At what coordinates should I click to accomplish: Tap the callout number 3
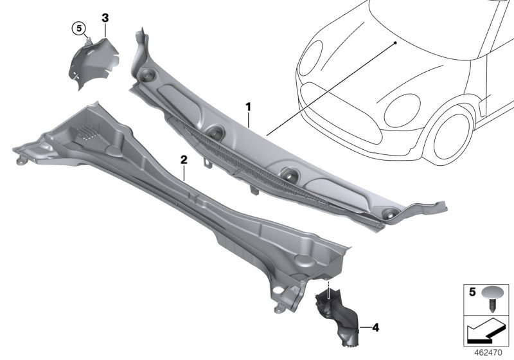(x=104, y=17)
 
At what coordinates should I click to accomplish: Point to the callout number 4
(x=376, y=328)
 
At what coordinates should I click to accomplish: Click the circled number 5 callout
(x=78, y=28)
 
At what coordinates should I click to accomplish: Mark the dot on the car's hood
(x=396, y=42)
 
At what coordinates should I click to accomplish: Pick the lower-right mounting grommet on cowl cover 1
(x=388, y=215)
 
